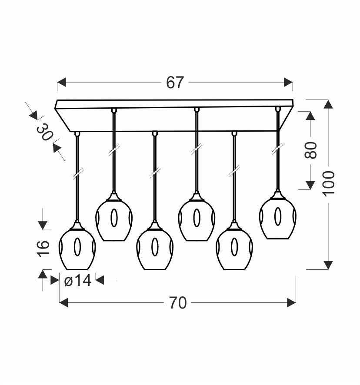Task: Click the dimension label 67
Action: coord(175,83)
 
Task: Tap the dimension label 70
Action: coord(178,303)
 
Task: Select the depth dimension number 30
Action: coord(45,132)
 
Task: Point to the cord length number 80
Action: coord(310,150)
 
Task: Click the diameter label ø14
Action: coord(78,281)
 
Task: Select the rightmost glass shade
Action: coord(277,217)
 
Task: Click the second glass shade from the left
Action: coord(114,219)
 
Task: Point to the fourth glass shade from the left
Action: coord(197,219)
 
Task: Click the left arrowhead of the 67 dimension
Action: coord(61,82)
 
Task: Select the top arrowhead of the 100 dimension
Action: coord(328,104)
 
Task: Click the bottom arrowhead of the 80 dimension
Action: coord(310,185)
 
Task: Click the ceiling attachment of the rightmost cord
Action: coord(278,109)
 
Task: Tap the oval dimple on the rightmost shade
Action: coord(278,216)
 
